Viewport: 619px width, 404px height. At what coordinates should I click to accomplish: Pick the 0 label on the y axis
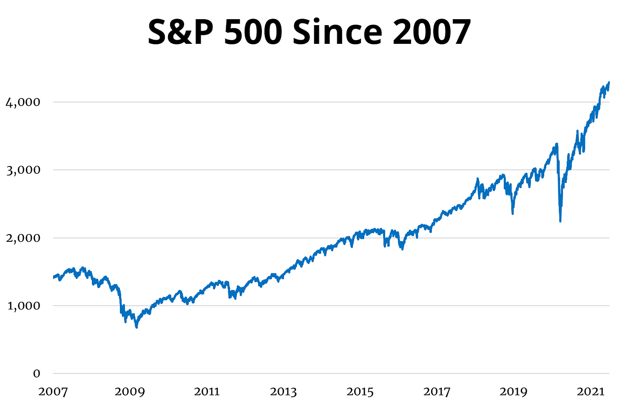click(37, 373)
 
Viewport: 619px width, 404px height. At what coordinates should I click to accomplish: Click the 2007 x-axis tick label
click(53, 392)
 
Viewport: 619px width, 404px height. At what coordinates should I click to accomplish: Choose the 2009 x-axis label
click(129, 392)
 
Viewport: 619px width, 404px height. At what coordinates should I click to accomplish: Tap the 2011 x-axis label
click(207, 392)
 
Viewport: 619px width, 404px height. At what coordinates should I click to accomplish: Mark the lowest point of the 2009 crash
click(136, 327)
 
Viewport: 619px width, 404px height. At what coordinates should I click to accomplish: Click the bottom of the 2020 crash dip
click(560, 221)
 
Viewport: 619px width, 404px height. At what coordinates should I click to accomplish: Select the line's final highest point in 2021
click(609, 82)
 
